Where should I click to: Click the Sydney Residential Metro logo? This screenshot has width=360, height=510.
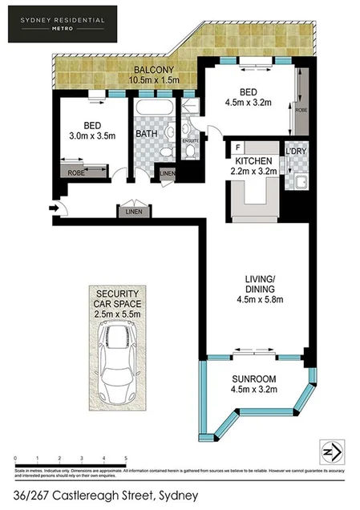coord(62,24)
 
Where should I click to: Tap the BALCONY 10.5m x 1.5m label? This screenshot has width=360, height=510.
coord(160,75)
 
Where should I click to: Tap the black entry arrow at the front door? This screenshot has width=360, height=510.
coord(55,208)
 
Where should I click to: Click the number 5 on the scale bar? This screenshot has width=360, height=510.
coord(126,459)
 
